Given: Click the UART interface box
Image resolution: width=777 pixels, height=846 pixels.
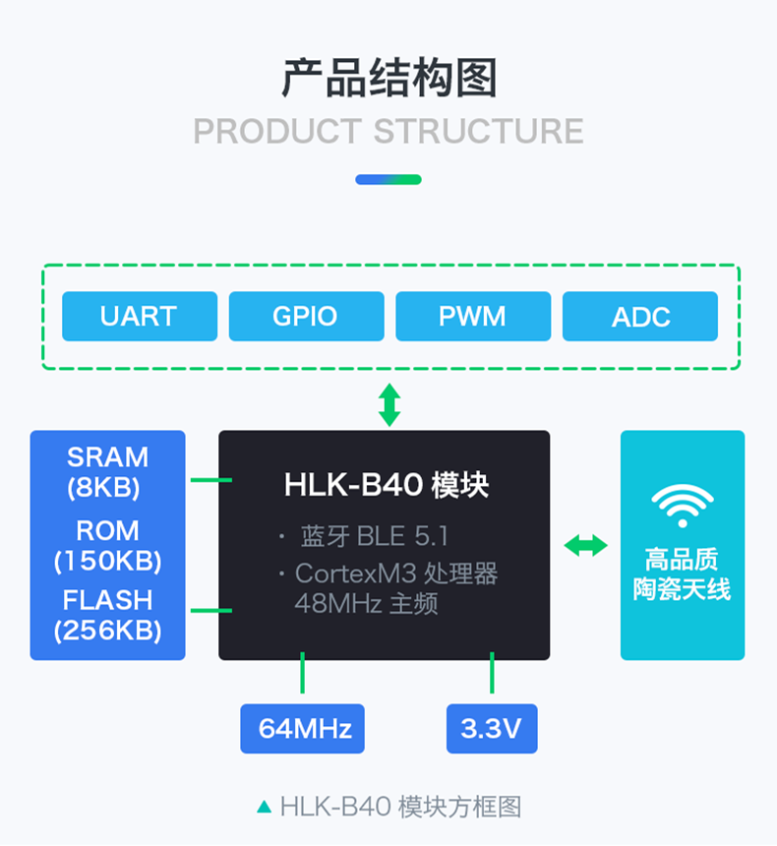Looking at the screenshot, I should point(139,317).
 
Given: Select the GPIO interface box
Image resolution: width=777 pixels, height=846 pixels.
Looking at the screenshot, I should point(306,317).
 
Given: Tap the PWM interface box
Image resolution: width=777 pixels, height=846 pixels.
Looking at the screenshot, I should point(472,317).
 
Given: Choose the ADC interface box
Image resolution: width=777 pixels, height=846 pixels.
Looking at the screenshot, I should point(640,317).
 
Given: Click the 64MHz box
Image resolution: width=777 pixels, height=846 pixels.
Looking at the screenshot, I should point(303,729).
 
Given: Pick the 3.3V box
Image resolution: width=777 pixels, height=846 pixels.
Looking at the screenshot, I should point(492,729).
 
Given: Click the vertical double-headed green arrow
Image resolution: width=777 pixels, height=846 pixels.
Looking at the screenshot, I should point(389,404).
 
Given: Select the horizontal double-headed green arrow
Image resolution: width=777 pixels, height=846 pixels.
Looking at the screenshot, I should point(585,545).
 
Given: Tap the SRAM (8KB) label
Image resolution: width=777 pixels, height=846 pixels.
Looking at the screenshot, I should point(107,471).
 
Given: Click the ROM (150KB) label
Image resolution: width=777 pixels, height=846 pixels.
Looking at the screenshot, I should point(107,545).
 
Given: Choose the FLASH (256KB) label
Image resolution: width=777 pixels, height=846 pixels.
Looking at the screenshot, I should point(107,615).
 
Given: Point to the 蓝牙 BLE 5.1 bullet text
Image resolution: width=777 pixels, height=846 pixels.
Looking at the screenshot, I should point(374,536).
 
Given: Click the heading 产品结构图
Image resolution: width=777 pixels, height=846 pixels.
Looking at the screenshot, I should point(388,79).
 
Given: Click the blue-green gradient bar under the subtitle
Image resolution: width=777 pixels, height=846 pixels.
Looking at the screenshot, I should point(388,180).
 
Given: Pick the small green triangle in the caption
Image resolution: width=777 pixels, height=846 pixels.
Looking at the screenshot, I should point(264,808).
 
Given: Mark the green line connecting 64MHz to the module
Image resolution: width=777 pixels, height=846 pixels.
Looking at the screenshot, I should point(303,676).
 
